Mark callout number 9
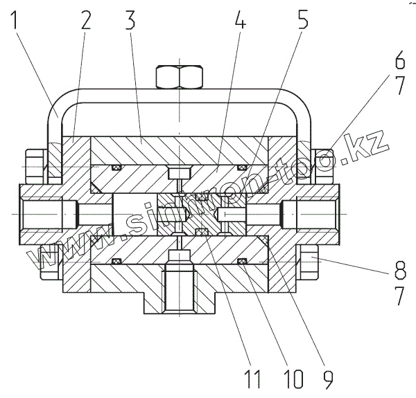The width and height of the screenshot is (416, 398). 326,378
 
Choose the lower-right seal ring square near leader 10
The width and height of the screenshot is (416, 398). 243,261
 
